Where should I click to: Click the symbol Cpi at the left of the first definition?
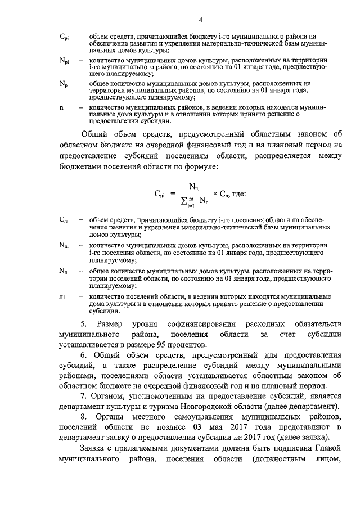tap(64, 37)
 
